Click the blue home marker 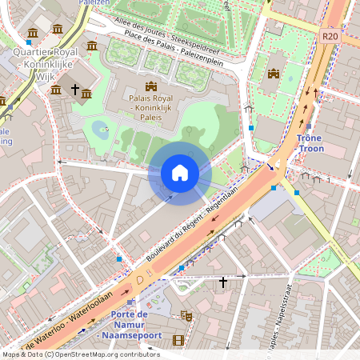[x=180, y=172]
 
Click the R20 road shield [x=330, y=36]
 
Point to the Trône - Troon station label [x=309, y=143]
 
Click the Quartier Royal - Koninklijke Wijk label [x=48, y=60]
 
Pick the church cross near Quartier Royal [x=75, y=90]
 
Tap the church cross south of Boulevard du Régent [x=224, y=282]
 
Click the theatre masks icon [x=186, y=316]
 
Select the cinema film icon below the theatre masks [x=178, y=341]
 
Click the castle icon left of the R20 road [x=274, y=74]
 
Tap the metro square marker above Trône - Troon [x=309, y=126]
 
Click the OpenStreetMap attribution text [x=80, y=354]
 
